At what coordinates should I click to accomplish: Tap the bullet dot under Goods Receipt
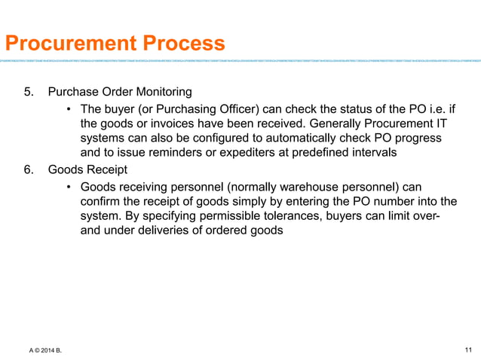(x=69, y=186)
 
